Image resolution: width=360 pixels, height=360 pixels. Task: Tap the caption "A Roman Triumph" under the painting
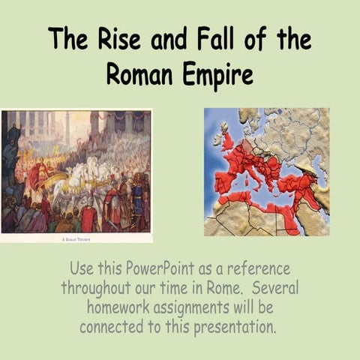76,238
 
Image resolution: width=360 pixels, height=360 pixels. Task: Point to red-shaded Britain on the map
226,139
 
